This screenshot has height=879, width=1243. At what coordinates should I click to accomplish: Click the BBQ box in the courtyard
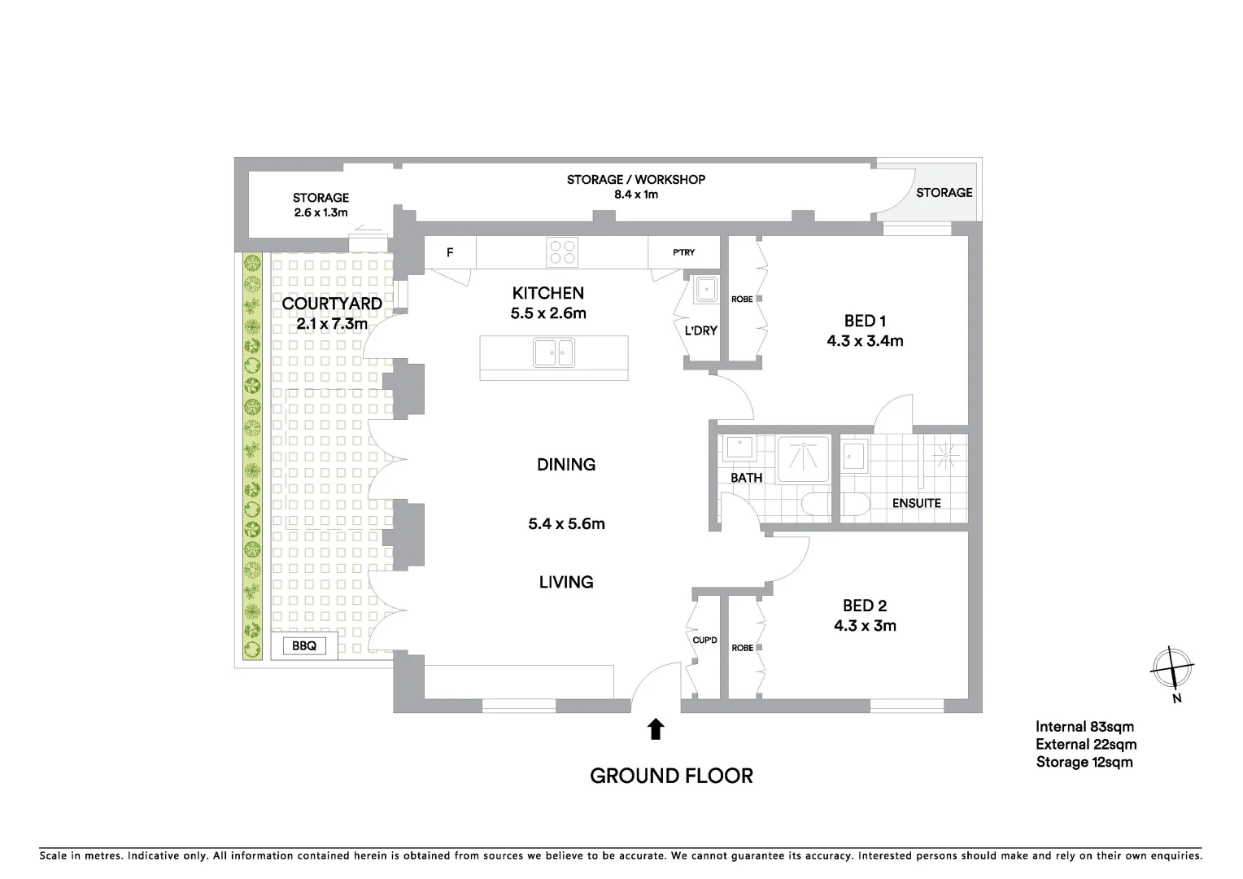click(x=304, y=646)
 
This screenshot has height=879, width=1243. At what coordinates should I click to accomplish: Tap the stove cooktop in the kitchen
click(x=562, y=251)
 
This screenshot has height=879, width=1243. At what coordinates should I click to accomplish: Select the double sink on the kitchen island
click(x=553, y=353)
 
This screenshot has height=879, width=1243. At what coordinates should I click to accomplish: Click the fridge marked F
click(x=450, y=253)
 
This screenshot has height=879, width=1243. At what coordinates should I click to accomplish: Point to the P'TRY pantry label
click(x=683, y=252)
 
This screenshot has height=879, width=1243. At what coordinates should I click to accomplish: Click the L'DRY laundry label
click(x=700, y=330)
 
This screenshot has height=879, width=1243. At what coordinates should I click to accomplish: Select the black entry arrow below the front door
click(x=656, y=728)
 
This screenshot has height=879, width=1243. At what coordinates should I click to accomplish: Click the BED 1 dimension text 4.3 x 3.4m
click(x=865, y=341)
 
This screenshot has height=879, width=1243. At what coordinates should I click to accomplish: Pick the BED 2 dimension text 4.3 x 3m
click(x=865, y=626)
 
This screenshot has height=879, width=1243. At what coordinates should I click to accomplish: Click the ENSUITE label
click(x=916, y=503)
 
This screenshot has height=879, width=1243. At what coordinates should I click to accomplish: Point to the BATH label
click(x=746, y=478)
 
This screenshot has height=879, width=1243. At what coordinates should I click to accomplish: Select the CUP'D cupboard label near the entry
click(x=704, y=641)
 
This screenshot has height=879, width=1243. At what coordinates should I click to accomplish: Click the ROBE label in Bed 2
click(x=742, y=648)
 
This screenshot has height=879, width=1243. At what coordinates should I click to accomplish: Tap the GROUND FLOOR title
click(x=671, y=776)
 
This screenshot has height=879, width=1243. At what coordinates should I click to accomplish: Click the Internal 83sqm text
click(x=1084, y=727)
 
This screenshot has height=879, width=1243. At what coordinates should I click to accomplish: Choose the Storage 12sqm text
click(x=1084, y=762)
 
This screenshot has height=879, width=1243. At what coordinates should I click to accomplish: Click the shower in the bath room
click(x=804, y=460)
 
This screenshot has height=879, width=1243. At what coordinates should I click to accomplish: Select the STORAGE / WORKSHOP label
click(x=635, y=179)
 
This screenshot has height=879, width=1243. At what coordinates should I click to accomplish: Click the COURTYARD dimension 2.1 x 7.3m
click(x=332, y=324)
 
